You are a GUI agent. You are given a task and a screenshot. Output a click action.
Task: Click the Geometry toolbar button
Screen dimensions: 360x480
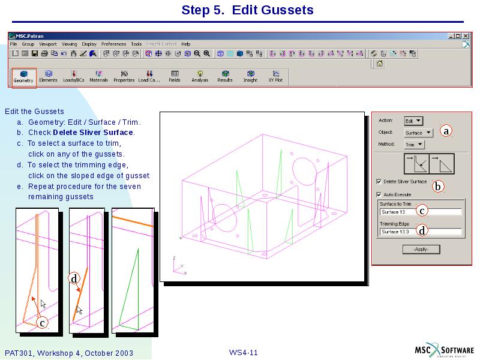[24, 77]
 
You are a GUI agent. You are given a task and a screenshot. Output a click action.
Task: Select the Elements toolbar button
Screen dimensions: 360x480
[48, 76]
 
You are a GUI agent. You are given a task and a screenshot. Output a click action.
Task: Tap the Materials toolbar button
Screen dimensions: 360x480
[98, 76]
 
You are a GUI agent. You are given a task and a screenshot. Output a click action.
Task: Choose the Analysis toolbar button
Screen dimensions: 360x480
[200, 76]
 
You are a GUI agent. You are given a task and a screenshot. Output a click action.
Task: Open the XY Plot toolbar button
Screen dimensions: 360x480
[275, 76]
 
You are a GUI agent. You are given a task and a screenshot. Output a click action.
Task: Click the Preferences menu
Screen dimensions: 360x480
[113, 44]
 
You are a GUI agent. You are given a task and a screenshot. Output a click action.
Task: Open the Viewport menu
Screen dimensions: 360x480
[48, 44]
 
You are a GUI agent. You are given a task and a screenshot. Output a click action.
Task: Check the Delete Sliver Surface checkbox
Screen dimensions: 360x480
[379, 181]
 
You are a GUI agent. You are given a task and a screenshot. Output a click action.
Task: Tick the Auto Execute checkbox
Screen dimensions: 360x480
[379, 194]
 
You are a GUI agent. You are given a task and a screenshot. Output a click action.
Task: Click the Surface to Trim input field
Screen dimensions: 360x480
[421, 212]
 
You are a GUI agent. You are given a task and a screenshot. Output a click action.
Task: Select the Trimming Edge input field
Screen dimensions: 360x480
[421, 232]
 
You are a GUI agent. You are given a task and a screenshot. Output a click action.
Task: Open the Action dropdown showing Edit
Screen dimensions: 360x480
[413, 121]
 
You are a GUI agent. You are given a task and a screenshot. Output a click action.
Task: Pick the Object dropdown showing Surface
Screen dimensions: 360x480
[418, 133]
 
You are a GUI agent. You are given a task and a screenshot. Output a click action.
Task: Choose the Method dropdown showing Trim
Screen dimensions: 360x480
[414, 145]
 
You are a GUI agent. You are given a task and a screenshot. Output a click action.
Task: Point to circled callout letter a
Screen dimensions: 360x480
[446, 131]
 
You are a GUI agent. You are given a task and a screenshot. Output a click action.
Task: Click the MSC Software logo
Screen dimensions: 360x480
[445, 351]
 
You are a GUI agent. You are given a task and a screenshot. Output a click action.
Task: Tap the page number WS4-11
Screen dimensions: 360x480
[243, 352]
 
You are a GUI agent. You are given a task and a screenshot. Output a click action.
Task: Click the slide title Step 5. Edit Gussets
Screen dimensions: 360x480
[247, 10]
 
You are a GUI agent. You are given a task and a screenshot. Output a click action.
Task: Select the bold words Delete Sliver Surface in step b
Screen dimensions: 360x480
[93, 133]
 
